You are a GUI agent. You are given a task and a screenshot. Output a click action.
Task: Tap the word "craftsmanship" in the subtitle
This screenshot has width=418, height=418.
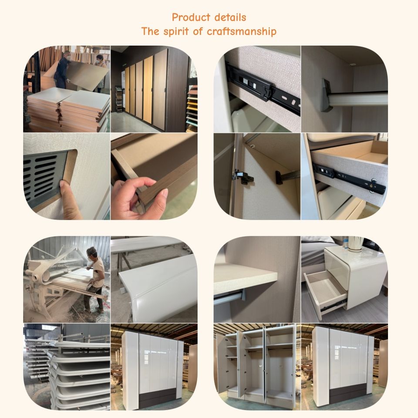[x=242, y=32]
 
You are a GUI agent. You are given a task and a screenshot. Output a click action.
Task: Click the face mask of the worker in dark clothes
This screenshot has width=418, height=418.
[x=68, y=57]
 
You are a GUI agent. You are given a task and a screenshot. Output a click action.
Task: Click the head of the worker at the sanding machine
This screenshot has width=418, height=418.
[x=92, y=252]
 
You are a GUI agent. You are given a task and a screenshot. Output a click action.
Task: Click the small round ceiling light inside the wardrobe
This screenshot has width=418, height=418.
[x=352, y=64]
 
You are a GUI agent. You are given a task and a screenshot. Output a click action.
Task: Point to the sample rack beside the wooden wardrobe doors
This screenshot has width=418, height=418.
[x=119, y=99]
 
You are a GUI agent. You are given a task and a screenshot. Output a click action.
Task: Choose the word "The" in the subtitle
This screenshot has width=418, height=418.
[x=150, y=31]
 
